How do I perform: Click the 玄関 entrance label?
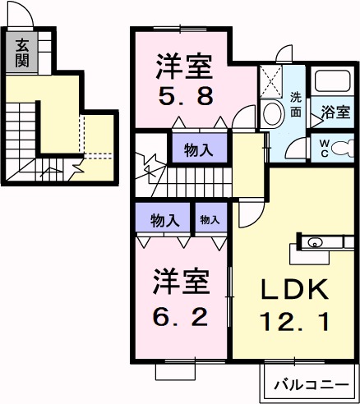(21, 53)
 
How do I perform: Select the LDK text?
(295, 289)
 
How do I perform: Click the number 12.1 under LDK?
(295, 321)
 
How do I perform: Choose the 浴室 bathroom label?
(335, 112)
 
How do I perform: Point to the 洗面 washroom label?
(297, 105)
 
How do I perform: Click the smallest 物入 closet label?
(210, 219)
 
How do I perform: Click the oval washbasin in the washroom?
(271, 115)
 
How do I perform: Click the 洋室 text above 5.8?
(186, 63)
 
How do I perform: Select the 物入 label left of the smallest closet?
(165, 219)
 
